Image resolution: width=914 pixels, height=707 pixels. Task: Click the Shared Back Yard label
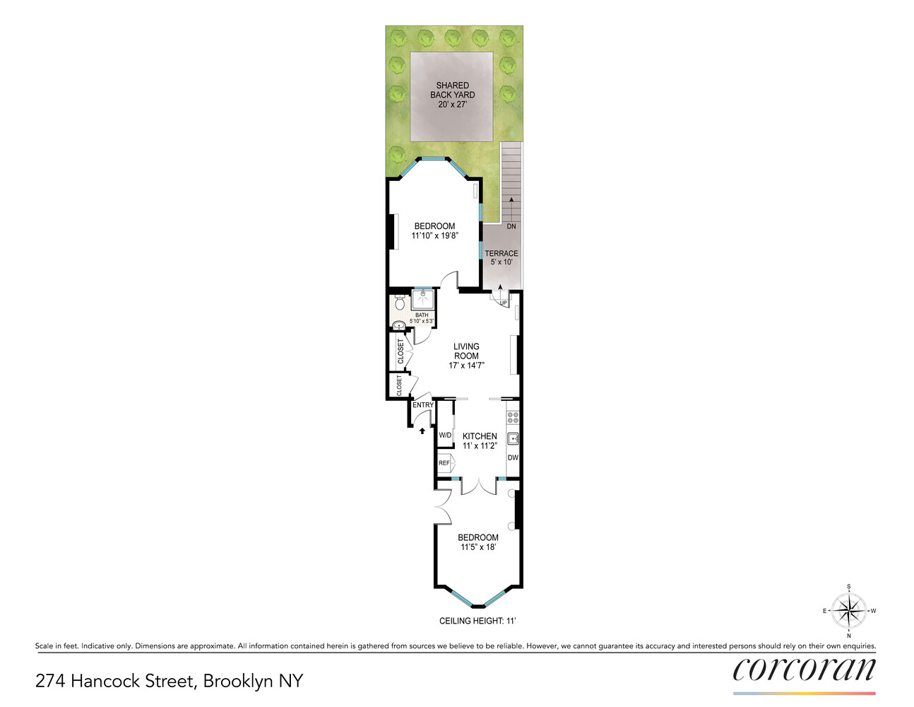pos(453,95)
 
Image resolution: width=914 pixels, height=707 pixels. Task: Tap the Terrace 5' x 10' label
pos(501,257)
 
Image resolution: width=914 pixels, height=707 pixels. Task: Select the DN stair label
pos(511,226)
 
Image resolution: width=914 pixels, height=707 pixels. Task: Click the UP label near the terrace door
pos(503,303)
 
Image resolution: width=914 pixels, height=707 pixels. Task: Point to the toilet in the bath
pos(400,303)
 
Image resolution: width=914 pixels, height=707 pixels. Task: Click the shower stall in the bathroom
pos(422,299)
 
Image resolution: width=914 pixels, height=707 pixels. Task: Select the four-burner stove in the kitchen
pos(513,417)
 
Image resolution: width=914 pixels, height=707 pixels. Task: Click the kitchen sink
pos(513,439)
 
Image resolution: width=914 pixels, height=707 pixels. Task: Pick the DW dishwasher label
pos(513,458)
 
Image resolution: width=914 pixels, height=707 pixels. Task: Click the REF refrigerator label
pos(444,463)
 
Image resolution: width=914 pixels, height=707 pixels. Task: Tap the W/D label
pos(444,435)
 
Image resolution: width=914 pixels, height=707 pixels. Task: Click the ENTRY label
pos(422,405)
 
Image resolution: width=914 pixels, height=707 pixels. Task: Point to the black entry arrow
pos(422,431)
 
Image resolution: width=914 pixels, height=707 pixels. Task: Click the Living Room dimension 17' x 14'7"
pos(466,366)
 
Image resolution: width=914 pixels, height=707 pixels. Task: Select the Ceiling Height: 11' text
pos(477,621)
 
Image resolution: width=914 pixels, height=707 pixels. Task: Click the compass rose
pos(849,611)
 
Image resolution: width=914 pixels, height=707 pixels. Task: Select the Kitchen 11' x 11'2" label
pos(480,441)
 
